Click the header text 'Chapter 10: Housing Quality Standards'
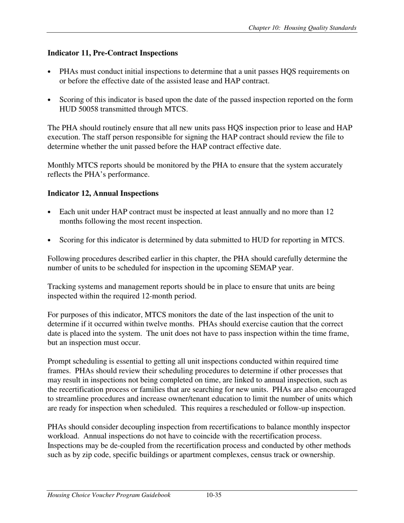(302, 28)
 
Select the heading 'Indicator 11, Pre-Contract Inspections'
(112, 53)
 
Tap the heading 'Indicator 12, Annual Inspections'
(102, 193)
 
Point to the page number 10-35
(213, 495)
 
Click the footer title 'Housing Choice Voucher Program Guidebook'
(109, 495)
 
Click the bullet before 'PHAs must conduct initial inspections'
(50, 72)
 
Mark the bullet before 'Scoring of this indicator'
(50, 100)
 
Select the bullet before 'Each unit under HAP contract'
(50, 212)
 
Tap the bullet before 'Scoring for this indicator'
(50, 241)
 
